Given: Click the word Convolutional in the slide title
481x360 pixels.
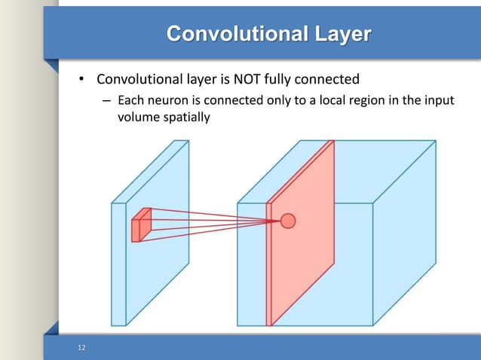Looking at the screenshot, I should pos(226,35).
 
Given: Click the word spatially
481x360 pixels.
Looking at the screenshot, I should pos(183,118).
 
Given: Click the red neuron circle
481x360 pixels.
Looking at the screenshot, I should pos(287,221).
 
